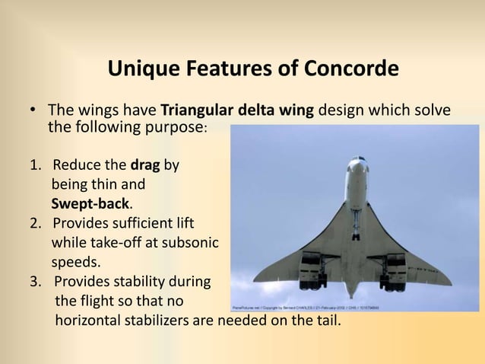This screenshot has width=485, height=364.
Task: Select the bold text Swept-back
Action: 90,204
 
